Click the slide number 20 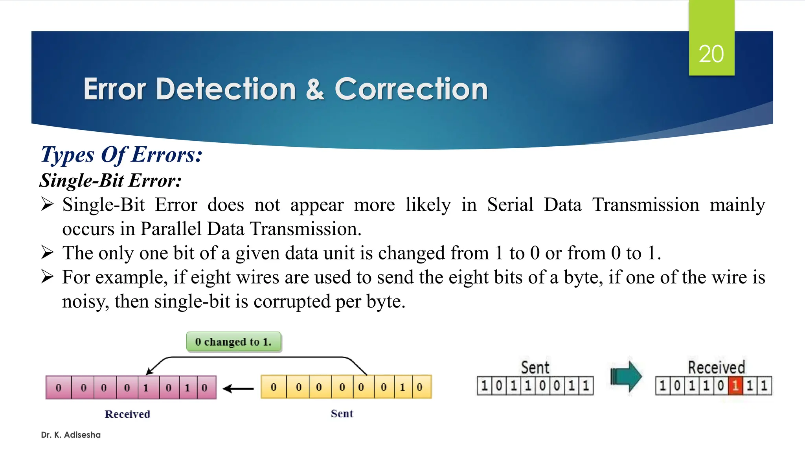pyautogui.click(x=711, y=54)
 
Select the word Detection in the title pyautogui.click(x=226, y=89)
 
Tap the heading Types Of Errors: pyautogui.click(x=121, y=155)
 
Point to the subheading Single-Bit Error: pyautogui.click(x=110, y=180)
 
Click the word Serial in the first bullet pyautogui.click(x=510, y=205)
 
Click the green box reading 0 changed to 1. pyautogui.click(x=233, y=342)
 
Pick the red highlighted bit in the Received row pyautogui.click(x=735, y=386)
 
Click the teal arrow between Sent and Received pyautogui.click(x=626, y=377)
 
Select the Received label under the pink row pyautogui.click(x=127, y=414)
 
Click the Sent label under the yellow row pyautogui.click(x=342, y=413)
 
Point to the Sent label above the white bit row pyautogui.click(x=535, y=367)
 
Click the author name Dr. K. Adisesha pyautogui.click(x=71, y=435)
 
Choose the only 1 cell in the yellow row pyautogui.click(x=402, y=387)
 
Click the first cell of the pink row pyautogui.click(x=59, y=388)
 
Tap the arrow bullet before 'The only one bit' pyautogui.click(x=47, y=252)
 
